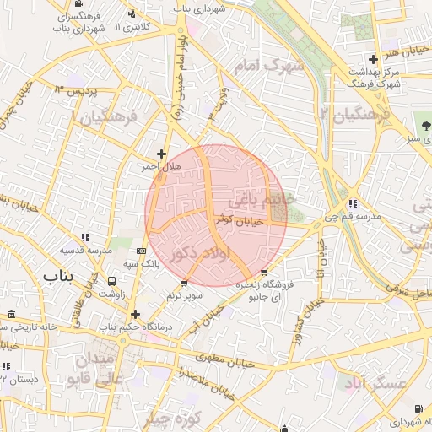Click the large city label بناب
(58, 276)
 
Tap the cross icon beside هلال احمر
(161, 154)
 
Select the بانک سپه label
(141, 265)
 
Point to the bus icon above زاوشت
(112, 280)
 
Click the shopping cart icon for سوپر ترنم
(185, 283)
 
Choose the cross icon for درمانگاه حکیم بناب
(135, 315)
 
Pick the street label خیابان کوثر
(239, 219)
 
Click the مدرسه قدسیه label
(85, 251)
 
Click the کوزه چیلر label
(172, 419)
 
